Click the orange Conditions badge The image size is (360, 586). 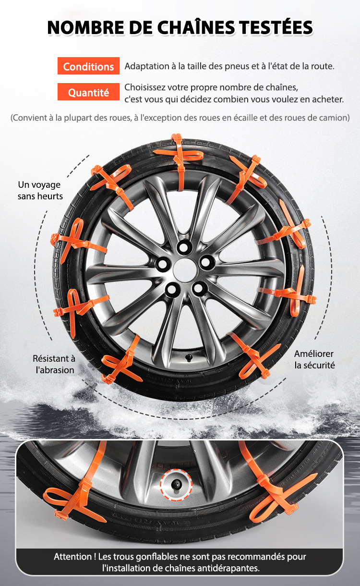(x=88, y=66)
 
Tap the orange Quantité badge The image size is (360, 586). (x=88, y=92)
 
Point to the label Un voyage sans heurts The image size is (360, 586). (x=40, y=190)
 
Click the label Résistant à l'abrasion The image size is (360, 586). (x=54, y=364)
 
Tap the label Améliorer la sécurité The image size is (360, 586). (x=314, y=359)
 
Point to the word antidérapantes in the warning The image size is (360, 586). (x=232, y=568)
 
